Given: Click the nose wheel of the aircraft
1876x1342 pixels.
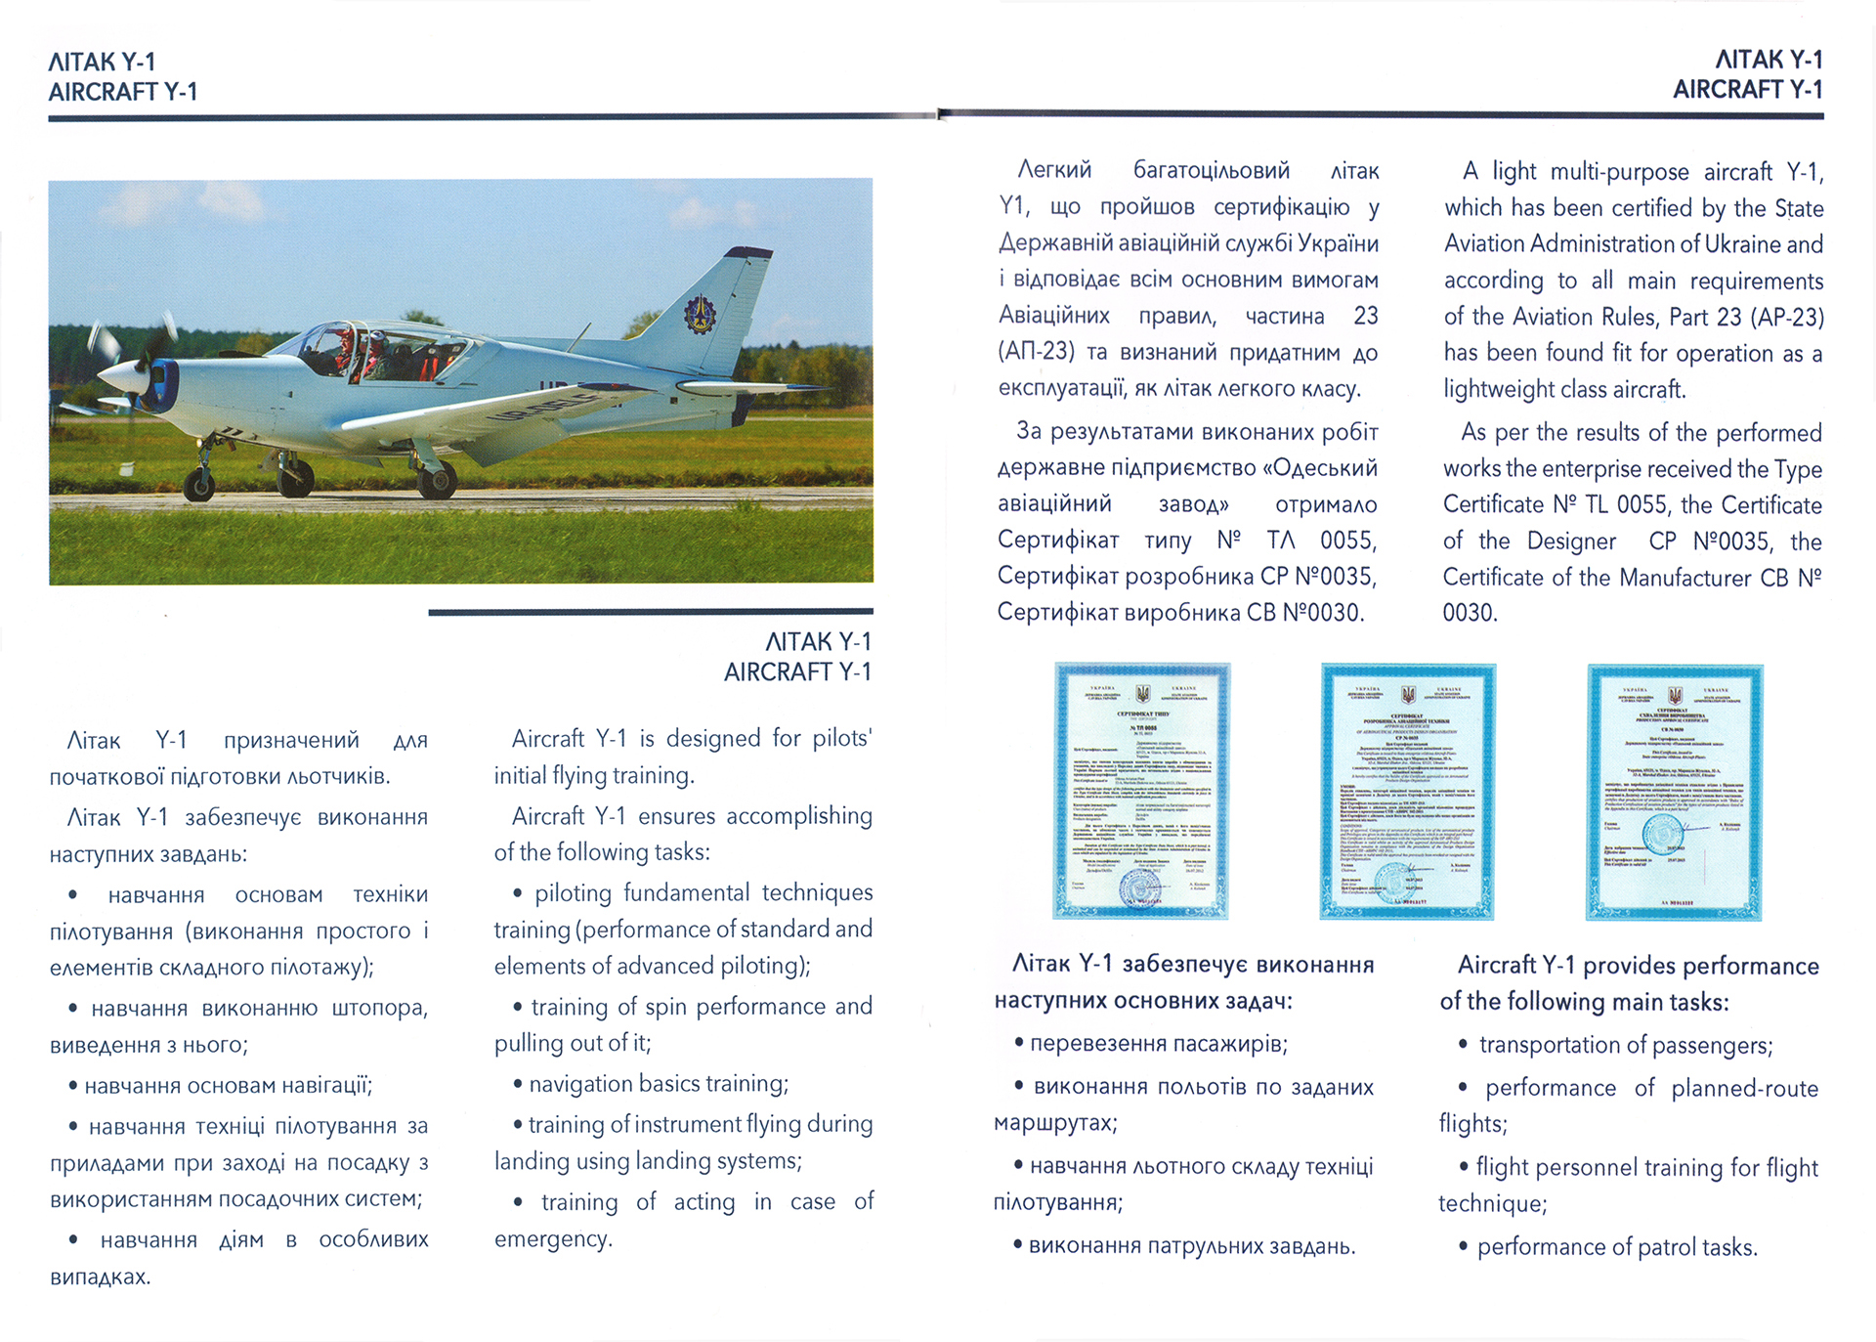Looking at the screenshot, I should pyautogui.click(x=199, y=484).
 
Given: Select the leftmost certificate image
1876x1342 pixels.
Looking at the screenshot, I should pyautogui.click(x=1140, y=791).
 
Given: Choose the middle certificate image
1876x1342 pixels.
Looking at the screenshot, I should pyautogui.click(x=1407, y=792).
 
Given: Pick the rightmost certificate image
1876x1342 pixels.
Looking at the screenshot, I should pyautogui.click(x=1674, y=793).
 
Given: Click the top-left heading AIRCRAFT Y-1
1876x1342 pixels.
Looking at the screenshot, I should pyautogui.click(x=123, y=92).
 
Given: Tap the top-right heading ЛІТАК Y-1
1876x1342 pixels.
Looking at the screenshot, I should pyautogui.click(x=1769, y=60).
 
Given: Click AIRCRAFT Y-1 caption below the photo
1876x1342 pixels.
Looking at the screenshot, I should pyautogui.click(x=796, y=672).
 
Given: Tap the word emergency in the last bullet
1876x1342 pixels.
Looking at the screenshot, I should pyautogui.click(x=552, y=1239).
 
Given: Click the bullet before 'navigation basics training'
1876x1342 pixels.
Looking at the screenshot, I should pyautogui.click(x=517, y=1084).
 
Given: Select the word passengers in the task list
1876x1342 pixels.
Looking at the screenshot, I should pyautogui.click(x=1712, y=1045).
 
